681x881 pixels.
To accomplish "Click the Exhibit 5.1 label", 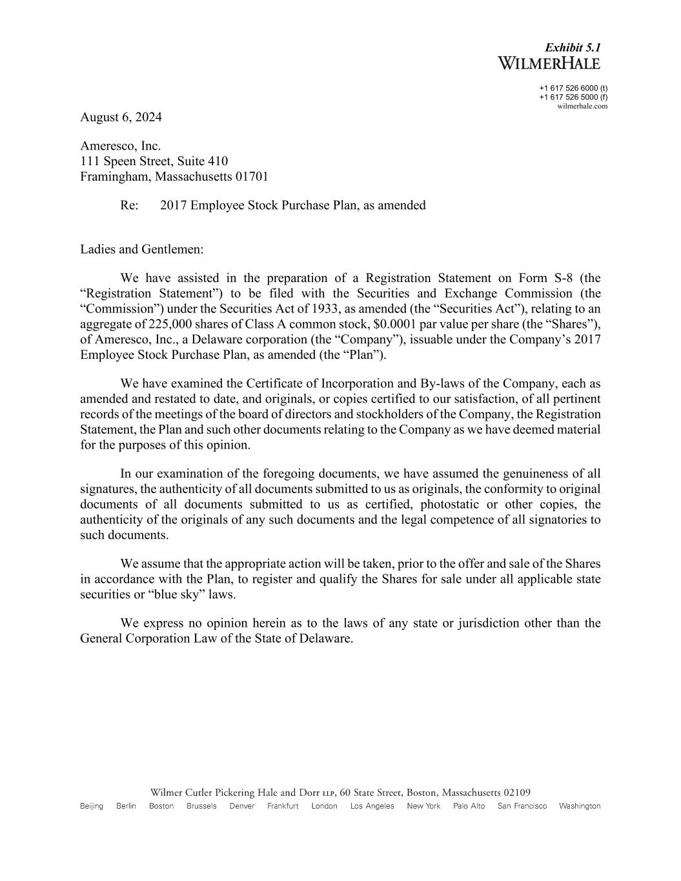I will coord(573,48).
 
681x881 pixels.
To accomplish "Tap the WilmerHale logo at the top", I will coord(549,63).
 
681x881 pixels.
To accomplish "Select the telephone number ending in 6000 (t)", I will coord(573,88).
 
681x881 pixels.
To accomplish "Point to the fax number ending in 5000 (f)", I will coord(573,97).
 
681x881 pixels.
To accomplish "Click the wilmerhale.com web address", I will coord(582,106).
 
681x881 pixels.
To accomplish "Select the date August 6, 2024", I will coord(121,117).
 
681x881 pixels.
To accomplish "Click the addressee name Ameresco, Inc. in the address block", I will coord(120,147).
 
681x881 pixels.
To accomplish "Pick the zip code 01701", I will coord(252,176).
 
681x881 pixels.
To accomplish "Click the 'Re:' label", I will coord(129,205).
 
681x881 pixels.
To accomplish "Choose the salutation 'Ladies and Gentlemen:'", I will coord(141,249).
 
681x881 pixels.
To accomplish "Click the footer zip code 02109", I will coord(517,793).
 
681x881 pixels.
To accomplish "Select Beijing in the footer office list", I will coord(92,806).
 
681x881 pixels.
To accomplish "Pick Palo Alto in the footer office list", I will coord(469,806).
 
